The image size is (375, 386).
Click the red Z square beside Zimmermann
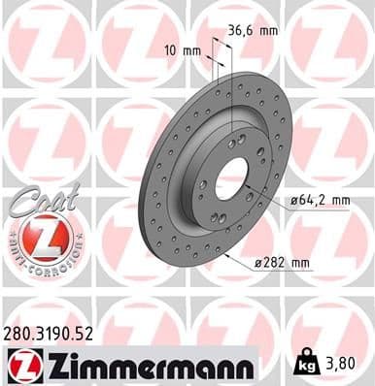21,366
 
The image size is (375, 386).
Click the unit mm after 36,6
267,31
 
